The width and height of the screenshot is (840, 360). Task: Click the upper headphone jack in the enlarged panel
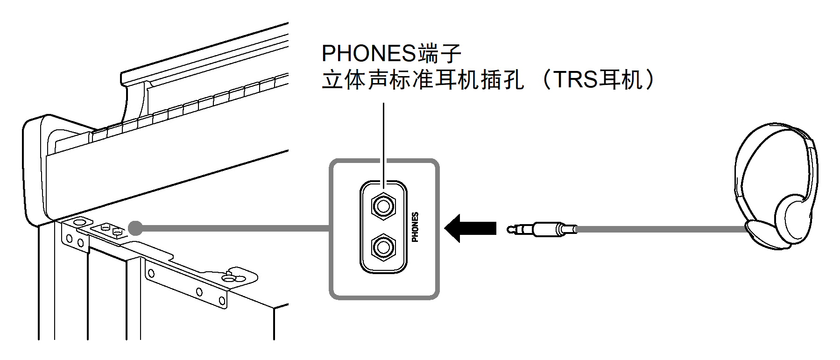click(383, 206)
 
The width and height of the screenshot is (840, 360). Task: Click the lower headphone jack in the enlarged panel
click(383, 247)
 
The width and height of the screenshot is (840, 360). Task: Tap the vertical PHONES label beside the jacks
click(415, 227)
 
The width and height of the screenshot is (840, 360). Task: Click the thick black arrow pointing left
click(471, 228)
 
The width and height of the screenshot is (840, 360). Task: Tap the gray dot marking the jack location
click(135, 228)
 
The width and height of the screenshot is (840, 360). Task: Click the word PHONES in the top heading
click(368, 54)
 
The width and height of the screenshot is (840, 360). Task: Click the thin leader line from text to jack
click(383, 140)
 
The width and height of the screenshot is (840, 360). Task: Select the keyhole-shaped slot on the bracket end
click(233, 276)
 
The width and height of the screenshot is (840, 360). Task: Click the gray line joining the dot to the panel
click(233, 228)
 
